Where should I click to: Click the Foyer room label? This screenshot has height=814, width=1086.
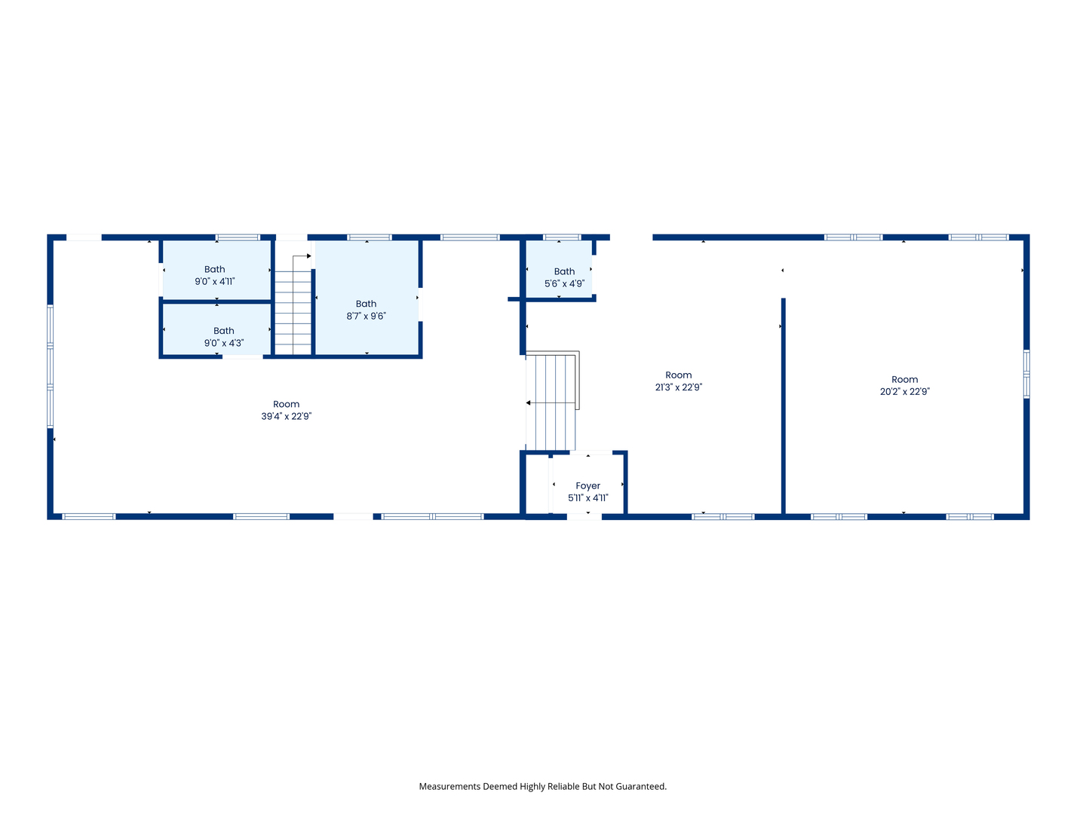pyautogui.click(x=587, y=486)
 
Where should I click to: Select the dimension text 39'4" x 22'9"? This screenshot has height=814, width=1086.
pyautogui.click(x=286, y=416)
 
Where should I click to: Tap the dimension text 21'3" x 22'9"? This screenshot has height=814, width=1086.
pyautogui.click(x=678, y=387)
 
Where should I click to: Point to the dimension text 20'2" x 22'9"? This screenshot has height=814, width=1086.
pyautogui.click(x=904, y=392)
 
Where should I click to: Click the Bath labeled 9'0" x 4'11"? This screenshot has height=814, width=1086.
pyautogui.click(x=215, y=275)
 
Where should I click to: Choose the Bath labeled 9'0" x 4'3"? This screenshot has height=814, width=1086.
pyautogui.click(x=223, y=337)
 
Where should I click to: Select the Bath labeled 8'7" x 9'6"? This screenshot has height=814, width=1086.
pyautogui.click(x=367, y=310)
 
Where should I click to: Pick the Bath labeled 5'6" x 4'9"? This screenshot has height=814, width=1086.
pyautogui.click(x=564, y=277)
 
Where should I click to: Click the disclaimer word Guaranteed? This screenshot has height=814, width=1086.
pyautogui.click(x=641, y=786)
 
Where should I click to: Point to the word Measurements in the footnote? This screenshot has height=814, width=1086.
pyautogui.click(x=449, y=786)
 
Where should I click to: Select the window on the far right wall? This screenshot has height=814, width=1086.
pyautogui.click(x=1026, y=374)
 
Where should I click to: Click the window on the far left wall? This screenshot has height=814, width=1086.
pyautogui.click(x=51, y=366)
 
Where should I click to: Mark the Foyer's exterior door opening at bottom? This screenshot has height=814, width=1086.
pyautogui.click(x=584, y=516)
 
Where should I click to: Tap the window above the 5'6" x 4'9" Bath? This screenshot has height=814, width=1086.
pyautogui.click(x=562, y=237)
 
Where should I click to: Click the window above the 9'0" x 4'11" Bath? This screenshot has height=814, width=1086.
pyautogui.click(x=238, y=237)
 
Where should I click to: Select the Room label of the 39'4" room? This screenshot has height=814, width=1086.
pyautogui.click(x=286, y=404)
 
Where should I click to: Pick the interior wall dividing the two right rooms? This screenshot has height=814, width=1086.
pyautogui.click(x=784, y=407)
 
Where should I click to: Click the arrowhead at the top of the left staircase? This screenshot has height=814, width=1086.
pyautogui.click(x=308, y=256)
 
